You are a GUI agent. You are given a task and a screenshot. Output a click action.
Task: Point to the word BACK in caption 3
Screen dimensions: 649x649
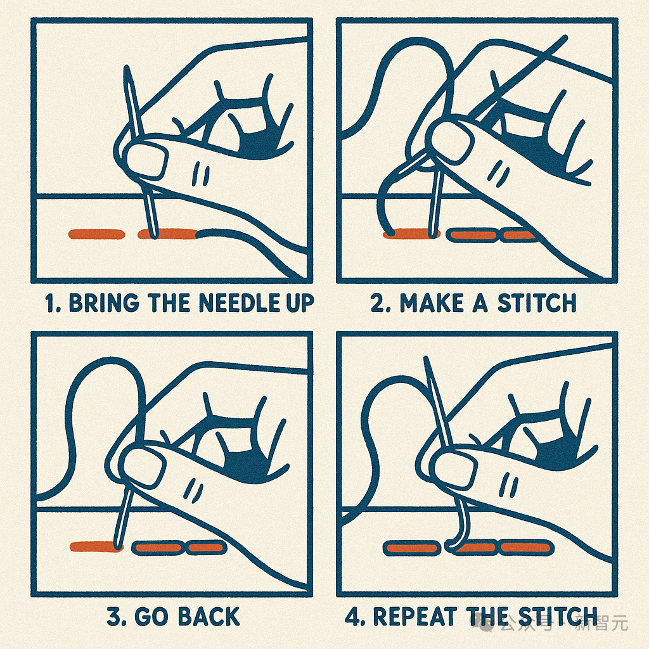(x=209, y=616)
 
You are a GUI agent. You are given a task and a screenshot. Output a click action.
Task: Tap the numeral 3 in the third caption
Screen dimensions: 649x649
(x=115, y=616)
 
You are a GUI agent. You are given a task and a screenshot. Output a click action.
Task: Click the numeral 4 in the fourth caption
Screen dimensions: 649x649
(x=354, y=616)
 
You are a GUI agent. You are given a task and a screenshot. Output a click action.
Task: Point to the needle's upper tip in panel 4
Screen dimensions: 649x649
(x=425, y=357)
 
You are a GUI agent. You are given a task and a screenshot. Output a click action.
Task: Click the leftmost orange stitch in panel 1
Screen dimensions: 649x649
(x=96, y=235)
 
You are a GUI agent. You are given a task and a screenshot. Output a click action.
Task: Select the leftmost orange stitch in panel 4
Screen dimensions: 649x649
(x=411, y=548)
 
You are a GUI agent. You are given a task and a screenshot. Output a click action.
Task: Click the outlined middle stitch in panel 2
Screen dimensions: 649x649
(x=473, y=235)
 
